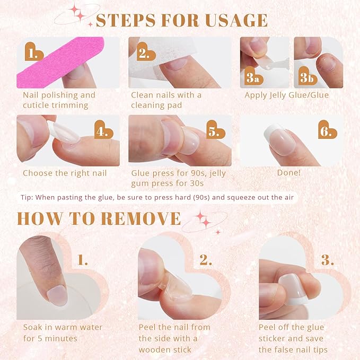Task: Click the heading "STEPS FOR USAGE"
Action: point(181,20)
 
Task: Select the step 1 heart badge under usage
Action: point(34,53)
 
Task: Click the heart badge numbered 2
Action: point(144,53)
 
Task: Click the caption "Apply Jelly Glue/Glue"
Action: point(286,95)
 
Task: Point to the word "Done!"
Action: point(289,173)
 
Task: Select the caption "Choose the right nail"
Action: point(65,173)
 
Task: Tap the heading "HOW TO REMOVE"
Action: point(99,218)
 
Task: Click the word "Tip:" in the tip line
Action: point(27,197)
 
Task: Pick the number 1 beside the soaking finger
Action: point(82,260)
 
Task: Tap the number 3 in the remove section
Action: point(327,260)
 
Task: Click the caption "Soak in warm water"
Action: point(63,327)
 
